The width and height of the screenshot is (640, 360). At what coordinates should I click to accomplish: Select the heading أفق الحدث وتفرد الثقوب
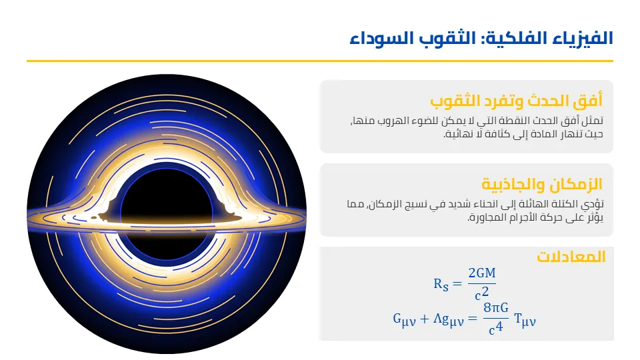pyautogui.click(x=516, y=101)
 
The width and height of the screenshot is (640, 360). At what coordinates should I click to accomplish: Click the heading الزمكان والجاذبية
pyautogui.click(x=541, y=185)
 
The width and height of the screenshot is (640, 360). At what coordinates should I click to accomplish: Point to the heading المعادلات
pyautogui.click(x=571, y=257)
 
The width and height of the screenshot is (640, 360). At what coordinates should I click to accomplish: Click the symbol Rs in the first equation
pyautogui.click(x=441, y=284)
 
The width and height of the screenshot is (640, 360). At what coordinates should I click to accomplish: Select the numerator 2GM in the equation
pyautogui.click(x=482, y=274)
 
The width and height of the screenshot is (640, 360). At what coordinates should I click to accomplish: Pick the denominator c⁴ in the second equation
pyautogui.click(x=496, y=328)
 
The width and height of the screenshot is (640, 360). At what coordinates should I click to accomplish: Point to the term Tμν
pyautogui.click(x=525, y=320)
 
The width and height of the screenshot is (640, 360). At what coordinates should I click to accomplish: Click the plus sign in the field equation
pyautogui.click(x=425, y=319)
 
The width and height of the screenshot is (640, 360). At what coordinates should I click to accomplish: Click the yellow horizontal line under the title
pyautogui.click(x=320, y=61)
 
